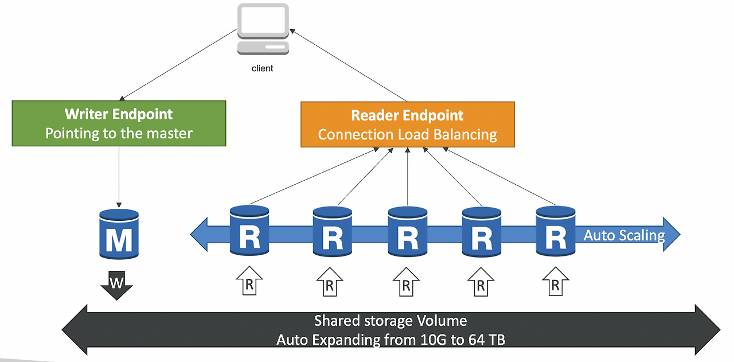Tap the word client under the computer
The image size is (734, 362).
[263, 68]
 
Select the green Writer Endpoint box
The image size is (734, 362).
[119, 123]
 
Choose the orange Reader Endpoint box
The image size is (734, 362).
[407, 124]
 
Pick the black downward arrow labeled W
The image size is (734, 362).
[117, 284]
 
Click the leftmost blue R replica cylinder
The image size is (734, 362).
[249, 231]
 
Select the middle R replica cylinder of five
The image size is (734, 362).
[407, 232]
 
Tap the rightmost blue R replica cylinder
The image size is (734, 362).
[555, 231]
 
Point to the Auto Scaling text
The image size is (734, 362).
[624, 235]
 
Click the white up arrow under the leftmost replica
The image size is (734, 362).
[249, 282]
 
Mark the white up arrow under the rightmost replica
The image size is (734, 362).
[555, 282]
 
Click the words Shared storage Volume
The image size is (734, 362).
[391, 321]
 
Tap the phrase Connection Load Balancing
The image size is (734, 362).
[407, 135]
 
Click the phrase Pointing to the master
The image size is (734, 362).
[119, 134]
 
